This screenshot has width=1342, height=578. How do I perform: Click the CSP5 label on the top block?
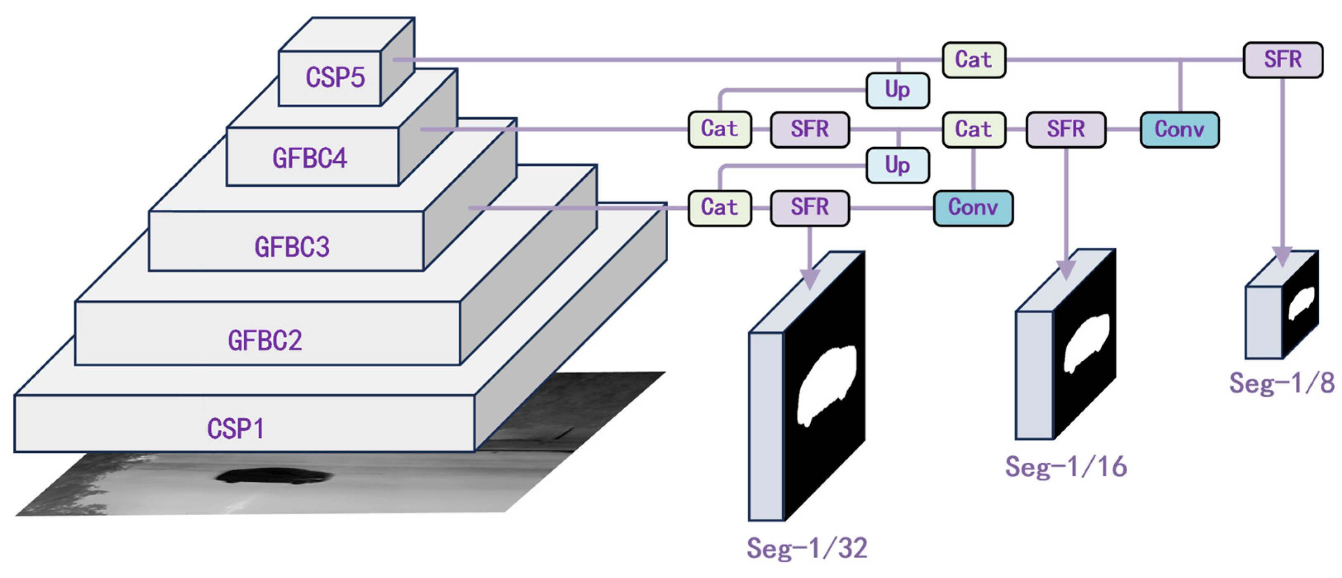click(x=335, y=78)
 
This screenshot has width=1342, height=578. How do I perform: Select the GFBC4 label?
click(x=309, y=158)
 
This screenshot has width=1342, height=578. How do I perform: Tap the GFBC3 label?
click(x=292, y=247)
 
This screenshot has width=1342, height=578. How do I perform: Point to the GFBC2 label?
click(x=265, y=341)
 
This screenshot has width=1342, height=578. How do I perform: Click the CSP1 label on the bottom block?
click(x=236, y=429)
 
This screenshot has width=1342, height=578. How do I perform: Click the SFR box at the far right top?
click(x=1282, y=60)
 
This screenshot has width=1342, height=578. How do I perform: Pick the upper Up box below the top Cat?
click(x=897, y=90)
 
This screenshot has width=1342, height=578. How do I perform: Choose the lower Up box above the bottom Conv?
click(x=897, y=166)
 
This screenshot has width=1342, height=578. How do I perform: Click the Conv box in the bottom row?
click(x=973, y=208)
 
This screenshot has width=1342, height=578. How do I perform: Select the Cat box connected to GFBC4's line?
click(x=719, y=129)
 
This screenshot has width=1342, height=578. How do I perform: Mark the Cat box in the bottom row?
click(x=719, y=208)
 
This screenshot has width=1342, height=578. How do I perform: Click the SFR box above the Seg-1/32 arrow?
click(x=809, y=208)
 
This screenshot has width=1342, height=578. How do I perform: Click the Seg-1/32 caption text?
click(x=807, y=548)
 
